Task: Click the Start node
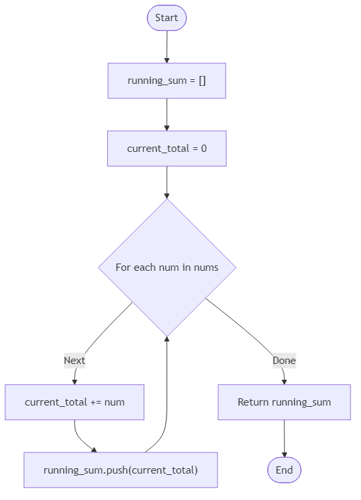coord(167,18)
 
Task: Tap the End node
coord(284,470)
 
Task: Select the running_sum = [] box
coord(167,81)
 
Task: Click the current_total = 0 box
coord(167,149)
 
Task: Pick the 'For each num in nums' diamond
coord(167,268)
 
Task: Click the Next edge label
coord(74,361)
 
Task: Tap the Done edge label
coord(284,361)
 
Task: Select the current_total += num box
coord(75,402)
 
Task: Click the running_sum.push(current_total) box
coord(120,470)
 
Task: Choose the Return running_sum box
coord(284,402)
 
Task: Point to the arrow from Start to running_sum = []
coord(167,47)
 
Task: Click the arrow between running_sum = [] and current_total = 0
coord(167,115)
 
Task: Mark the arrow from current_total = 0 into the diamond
coord(167,182)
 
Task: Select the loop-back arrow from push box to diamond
coord(167,396)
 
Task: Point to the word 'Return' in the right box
coord(253,402)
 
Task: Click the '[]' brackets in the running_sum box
coord(201,81)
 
